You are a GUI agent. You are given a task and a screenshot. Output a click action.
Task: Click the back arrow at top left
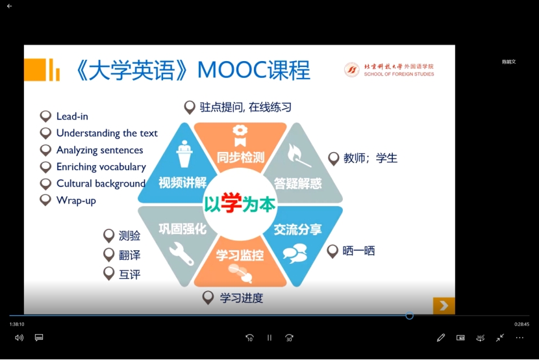(x=10, y=6)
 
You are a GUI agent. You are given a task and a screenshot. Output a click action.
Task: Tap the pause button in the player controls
(x=269, y=338)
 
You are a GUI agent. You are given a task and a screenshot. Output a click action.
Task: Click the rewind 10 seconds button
(x=249, y=338)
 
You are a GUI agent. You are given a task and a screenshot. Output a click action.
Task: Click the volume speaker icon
(x=19, y=338)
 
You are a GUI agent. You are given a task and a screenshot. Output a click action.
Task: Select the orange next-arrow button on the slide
(x=444, y=305)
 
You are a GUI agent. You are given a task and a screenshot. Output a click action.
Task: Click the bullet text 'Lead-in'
(x=72, y=116)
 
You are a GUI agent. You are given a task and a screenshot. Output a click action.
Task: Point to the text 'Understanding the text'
(x=107, y=133)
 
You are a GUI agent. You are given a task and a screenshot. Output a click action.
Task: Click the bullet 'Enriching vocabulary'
(x=101, y=167)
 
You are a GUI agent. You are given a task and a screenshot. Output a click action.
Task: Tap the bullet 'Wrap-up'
(x=76, y=201)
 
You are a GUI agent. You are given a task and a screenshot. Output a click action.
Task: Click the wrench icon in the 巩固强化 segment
(x=182, y=253)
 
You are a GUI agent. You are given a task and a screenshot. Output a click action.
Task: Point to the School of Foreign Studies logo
(x=351, y=70)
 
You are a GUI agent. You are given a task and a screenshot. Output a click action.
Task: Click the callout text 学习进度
(x=242, y=298)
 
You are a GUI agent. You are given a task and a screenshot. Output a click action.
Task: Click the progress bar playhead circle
(x=409, y=316)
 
